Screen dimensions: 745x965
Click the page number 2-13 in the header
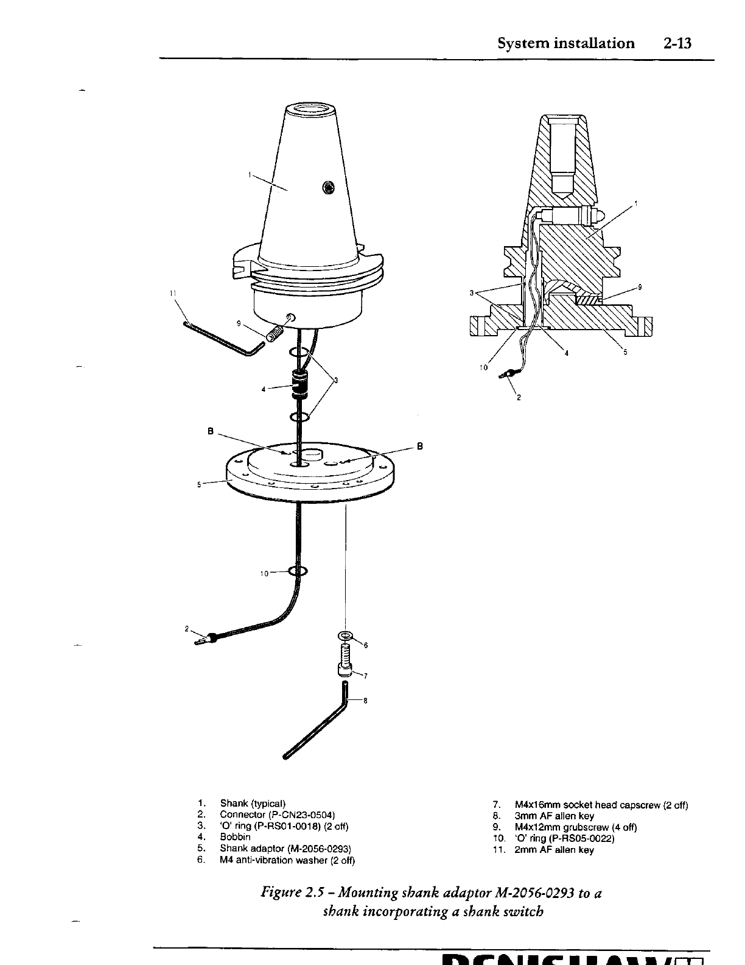679,43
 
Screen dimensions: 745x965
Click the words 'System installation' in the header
565,43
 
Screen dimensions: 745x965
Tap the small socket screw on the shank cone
329,188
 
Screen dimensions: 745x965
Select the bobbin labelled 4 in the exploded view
298,384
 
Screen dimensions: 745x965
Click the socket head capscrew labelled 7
345,662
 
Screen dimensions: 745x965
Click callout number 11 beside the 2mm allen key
173,294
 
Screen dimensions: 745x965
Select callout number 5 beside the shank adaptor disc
199,485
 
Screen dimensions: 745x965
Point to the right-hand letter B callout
419,445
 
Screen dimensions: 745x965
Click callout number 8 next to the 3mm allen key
365,701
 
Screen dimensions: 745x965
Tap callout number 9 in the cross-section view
640,288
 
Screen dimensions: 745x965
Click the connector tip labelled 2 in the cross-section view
505,373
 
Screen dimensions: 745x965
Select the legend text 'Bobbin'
235,837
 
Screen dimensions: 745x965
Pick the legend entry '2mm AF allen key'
554,850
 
